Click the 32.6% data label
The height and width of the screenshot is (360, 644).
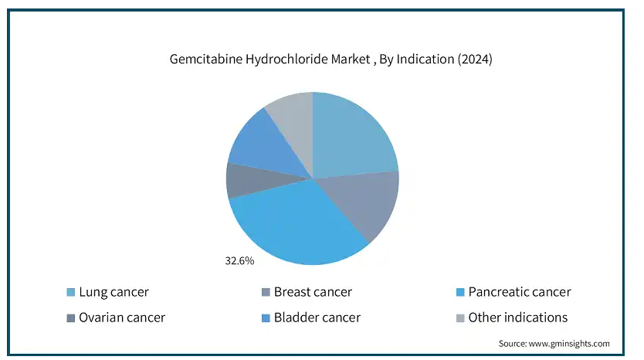point(239,261)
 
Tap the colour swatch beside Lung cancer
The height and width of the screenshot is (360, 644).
point(70,292)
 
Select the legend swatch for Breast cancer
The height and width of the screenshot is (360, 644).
point(266,292)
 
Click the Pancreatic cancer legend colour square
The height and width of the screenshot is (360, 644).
point(460,292)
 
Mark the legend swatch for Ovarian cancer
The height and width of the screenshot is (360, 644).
point(70,318)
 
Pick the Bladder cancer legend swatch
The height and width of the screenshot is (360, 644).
point(266,318)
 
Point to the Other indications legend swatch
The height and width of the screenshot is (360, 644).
point(460,318)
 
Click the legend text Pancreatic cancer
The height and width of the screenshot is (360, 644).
point(520,292)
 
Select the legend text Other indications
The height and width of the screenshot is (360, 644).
point(518,318)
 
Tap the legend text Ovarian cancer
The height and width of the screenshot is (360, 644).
point(122,318)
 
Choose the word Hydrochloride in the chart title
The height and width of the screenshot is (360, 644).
point(287,59)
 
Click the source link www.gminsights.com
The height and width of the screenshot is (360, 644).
point(569,344)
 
